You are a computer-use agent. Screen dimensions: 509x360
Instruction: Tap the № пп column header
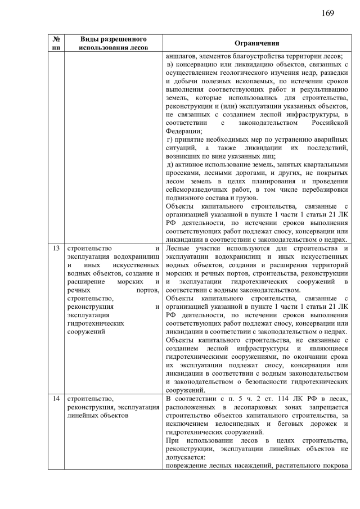point(56,43)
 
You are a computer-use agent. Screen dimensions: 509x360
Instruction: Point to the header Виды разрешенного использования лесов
point(114,43)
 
